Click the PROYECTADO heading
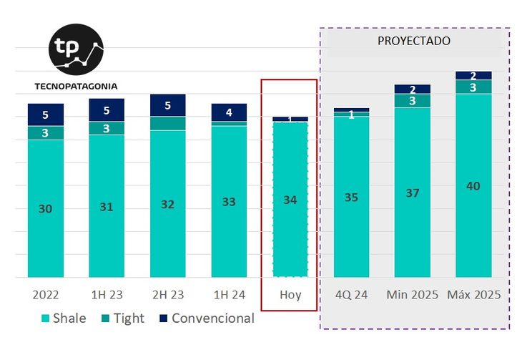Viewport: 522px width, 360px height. pos(414,41)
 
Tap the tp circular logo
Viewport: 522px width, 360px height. pos(77,49)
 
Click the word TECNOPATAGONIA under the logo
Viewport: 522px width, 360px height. pos(76,87)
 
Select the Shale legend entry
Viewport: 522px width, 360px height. pos(64,318)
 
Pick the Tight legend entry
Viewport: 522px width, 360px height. pos(123,318)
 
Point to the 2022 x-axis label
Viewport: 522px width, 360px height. pos(46,295)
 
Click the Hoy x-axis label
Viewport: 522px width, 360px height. pos(290,295)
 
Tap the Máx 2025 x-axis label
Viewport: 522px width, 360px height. pos(473,295)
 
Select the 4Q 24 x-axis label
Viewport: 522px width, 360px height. pos(351,295)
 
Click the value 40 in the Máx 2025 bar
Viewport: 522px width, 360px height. pos(473,186)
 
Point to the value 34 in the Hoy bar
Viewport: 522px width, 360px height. pos(290,200)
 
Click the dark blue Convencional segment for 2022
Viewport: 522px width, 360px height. pos(46,115)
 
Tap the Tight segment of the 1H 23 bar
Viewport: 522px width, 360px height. pos(107,128)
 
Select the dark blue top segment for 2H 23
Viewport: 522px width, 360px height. pos(168,105)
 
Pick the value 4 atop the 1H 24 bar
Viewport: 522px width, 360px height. pos(229,112)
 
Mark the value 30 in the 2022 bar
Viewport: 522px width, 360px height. pos(46,208)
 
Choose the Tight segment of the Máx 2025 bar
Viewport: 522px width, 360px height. pos(473,87)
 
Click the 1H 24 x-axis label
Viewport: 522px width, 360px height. pos(229,295)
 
